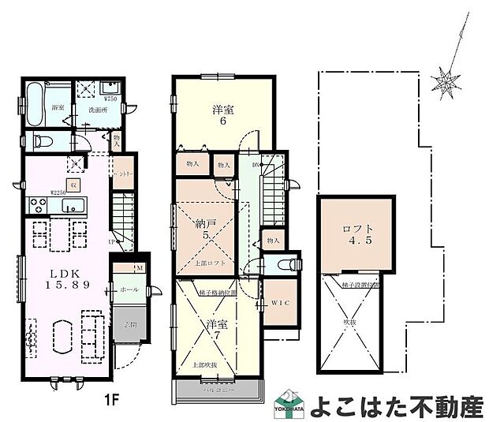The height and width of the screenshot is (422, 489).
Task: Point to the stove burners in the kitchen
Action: (38, 205)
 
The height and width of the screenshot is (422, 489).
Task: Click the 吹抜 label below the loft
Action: (349, 323)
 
